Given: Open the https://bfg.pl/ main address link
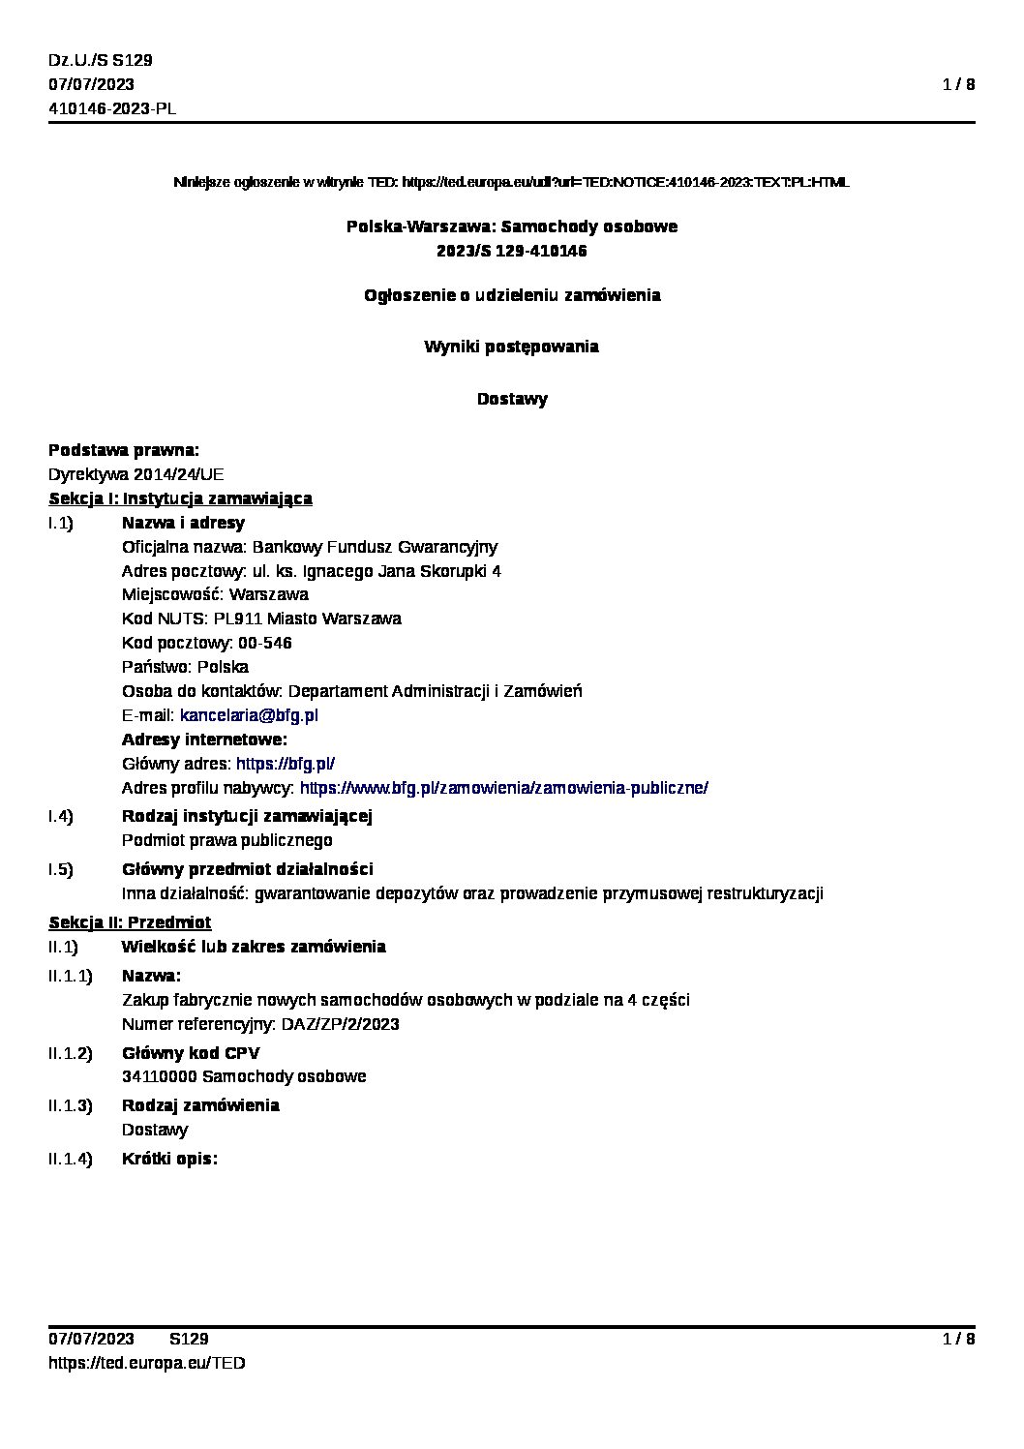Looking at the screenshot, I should tap(286, 764).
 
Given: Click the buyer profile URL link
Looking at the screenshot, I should tap(504, 788).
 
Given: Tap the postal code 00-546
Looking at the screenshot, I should tap(264, 643).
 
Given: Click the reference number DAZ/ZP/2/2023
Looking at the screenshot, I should tap(340, 1024).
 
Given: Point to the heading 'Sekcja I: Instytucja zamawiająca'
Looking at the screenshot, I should tap(180, 498).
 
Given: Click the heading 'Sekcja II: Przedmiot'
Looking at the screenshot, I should tap(130, 922).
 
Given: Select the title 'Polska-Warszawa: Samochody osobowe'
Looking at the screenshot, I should tap(512, 226).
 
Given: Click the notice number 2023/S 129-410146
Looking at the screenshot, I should tap(512, 251).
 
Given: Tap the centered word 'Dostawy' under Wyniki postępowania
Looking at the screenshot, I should tap(512, 399).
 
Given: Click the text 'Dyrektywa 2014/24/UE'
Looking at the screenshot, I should tap(136, 474).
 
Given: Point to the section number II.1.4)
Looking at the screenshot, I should tap(71, 1159).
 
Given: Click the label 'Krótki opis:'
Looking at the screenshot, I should tap(169, 1159).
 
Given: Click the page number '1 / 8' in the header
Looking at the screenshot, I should tap(958, 84).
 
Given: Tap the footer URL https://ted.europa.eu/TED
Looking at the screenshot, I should tap(147, 1363).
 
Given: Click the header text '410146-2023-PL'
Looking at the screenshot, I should tap(112, 108).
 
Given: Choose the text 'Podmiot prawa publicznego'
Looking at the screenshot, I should tap(227, 840).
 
